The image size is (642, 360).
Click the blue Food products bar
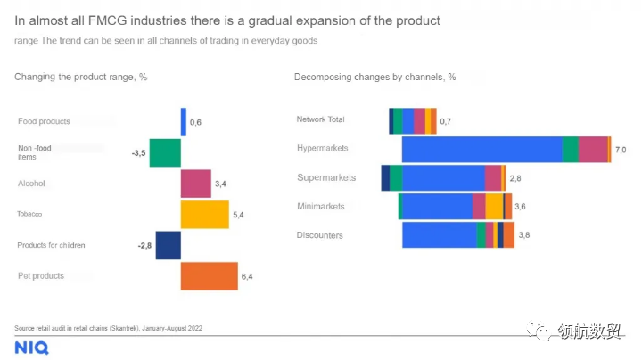click(x=184, y=122)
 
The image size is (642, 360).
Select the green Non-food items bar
click(x=165, y=153)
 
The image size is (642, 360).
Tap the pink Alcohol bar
click(x=195, y=184)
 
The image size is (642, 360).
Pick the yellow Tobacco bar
click(x=204, y=215)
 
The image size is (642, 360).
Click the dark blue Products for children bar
click(x=168, y=245)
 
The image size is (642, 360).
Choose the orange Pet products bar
click(x=209, y=276)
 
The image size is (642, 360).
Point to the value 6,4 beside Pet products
click(x=247, y=277)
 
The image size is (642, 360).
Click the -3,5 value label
click(x=138, y=153)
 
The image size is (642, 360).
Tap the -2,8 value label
click(x=144, y=245)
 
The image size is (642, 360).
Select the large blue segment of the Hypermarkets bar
click(x=481, y=149)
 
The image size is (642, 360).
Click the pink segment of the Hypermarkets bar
click(x=592, y=149)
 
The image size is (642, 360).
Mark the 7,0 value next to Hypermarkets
click(x=621, y=150)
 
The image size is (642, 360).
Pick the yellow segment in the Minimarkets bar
click(x=494, y=207)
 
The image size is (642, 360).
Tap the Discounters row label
click(x=319, y=235)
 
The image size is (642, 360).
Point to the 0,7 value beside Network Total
click(x=445, y=121)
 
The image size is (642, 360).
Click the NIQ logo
click(x=31, y=348)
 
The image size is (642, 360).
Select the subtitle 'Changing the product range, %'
click(x=80, y=77)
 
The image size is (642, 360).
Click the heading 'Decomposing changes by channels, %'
click(x=374, y=77)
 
